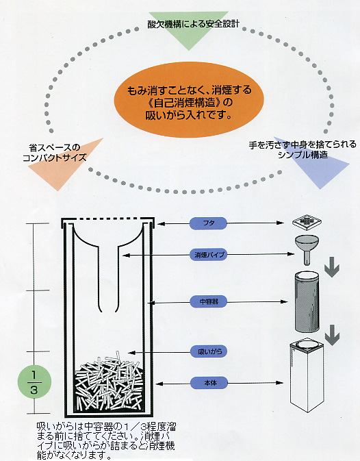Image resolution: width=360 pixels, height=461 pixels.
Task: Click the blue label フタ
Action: click(208, 223)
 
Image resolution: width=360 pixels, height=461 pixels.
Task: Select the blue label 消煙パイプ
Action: click(209, 255)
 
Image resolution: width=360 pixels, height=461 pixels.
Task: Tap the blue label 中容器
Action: click(208, 301)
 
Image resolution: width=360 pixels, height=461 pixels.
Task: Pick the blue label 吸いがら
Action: click(208, 351)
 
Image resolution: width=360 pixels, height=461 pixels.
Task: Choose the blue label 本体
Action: click(209, 383)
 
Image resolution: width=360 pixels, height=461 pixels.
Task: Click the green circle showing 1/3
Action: click(34, 382)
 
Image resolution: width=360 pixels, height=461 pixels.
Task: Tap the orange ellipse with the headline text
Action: click(188, 101)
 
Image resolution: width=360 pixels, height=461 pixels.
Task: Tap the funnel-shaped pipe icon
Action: click(307, 249)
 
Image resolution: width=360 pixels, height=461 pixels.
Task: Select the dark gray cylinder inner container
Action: click(307, 302)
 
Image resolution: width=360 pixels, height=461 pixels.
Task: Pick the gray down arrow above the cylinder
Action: click(332, 267)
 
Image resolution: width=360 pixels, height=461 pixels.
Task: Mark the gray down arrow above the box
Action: click(332, 335)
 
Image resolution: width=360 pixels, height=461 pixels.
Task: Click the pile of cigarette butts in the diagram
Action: click(108, 382)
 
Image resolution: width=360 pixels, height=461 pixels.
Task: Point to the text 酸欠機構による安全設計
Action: click(193, 24)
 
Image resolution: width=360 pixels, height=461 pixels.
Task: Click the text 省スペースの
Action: click(55, 147)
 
